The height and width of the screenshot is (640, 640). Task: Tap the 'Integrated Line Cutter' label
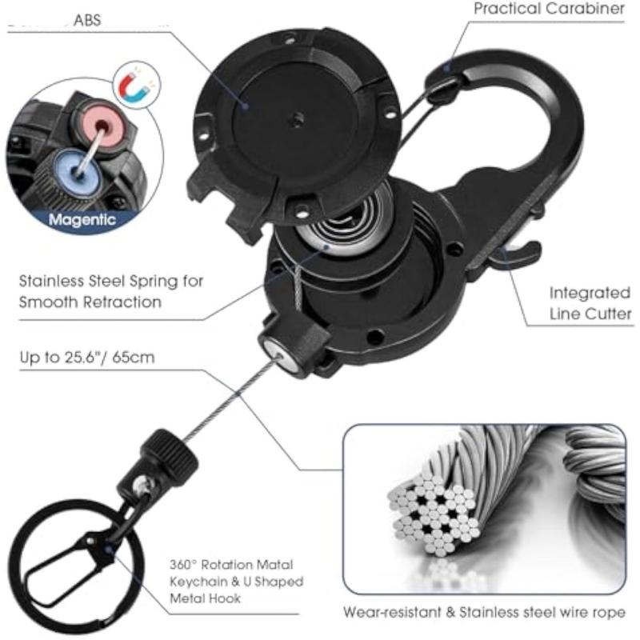click(x=589, y=303)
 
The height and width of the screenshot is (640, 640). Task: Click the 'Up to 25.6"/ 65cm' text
click(x=86, y=358)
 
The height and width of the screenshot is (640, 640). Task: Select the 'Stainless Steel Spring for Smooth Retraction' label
click(x=110, y=291)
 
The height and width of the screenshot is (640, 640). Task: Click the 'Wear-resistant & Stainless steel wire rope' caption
click(x=484, y=614)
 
